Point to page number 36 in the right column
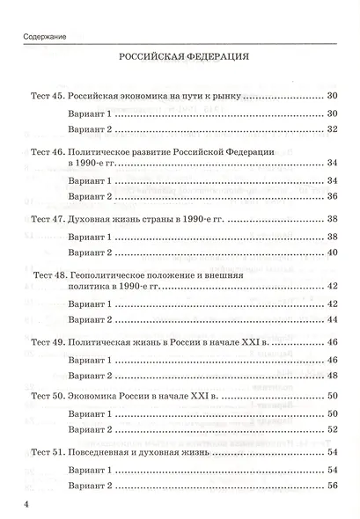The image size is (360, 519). point(333,196)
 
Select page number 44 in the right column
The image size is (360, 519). point(333,319)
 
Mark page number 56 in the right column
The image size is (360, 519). point(333,486)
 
